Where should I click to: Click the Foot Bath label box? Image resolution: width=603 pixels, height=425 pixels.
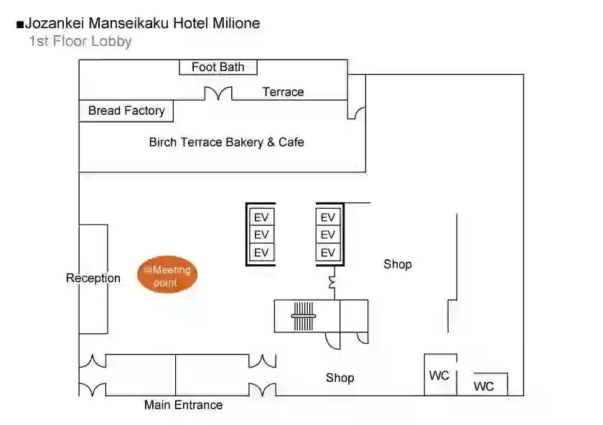tap(218, 67)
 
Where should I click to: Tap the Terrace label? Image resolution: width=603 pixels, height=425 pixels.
tap(283, 92)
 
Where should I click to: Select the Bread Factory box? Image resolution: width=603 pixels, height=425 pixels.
tap(126, 111)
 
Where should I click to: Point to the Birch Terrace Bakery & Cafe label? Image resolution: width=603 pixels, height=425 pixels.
tap(227, 142)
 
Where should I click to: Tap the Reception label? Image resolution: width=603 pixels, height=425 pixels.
tap(93, 278)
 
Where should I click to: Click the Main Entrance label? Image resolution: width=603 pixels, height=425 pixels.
tap(184, 405)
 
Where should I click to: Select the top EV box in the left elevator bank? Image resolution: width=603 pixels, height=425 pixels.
tap(261, 218)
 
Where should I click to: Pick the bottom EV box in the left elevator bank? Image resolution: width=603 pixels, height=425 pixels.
tap(261, 252)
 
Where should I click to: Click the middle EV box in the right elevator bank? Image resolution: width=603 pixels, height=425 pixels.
tap(328, 235)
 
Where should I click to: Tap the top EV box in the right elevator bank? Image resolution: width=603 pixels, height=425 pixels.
tap(328, 218)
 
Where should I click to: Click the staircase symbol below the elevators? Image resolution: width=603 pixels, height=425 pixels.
tap(304, 316)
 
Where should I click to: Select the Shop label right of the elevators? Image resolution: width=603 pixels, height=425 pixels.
tap(398, 264)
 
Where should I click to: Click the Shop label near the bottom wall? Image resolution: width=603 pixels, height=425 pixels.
tap(340, 378)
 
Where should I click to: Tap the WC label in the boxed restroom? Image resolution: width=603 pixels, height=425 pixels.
tap(439, 375)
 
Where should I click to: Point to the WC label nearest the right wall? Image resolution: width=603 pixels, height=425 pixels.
tap(484, 386)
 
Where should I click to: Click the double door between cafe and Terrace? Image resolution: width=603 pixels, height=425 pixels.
tap(218, 93)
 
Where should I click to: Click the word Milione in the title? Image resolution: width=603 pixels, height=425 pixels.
tap(236, 23)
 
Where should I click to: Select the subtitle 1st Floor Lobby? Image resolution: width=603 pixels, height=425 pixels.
tap(80, 41)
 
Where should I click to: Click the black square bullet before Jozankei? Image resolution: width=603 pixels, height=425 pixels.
tap(20, 25)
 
